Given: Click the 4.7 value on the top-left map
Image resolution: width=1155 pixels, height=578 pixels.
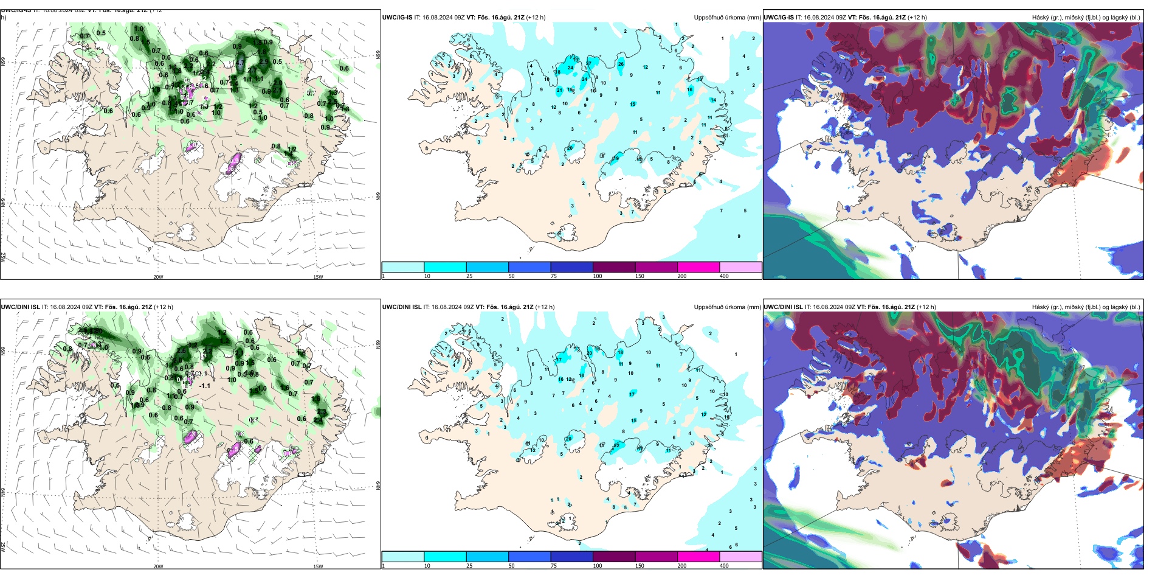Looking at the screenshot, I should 241,63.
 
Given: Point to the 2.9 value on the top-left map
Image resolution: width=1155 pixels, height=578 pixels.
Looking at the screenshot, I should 263,61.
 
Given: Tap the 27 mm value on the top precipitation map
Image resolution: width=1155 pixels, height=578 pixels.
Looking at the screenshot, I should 588,63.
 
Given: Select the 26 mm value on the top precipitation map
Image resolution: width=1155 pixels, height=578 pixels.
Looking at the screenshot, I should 621,63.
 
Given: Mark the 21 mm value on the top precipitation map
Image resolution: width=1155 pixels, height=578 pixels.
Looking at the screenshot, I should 559,90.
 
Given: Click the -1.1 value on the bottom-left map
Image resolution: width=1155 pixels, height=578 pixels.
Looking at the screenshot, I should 205,386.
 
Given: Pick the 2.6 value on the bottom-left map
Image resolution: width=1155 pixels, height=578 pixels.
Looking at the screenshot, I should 181,351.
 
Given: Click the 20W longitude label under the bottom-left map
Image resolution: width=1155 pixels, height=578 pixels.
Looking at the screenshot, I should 158,566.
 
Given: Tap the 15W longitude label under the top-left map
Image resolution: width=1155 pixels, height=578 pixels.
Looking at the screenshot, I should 318,277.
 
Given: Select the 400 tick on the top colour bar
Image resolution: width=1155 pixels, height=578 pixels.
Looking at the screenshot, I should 724,276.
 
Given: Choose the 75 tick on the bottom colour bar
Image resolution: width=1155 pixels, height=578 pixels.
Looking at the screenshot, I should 554,566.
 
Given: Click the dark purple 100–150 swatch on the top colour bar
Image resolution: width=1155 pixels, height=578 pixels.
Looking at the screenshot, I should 613,267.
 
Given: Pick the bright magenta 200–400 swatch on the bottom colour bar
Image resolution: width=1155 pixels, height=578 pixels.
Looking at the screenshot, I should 698,557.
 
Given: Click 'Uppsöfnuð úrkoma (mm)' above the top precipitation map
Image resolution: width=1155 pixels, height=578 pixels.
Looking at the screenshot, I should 727,18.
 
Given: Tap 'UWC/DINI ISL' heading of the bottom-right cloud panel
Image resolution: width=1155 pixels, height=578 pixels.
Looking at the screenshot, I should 784,307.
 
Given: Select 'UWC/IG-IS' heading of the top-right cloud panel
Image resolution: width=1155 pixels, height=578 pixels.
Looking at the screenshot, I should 779,18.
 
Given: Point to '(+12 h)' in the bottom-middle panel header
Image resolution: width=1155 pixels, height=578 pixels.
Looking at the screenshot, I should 545,307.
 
